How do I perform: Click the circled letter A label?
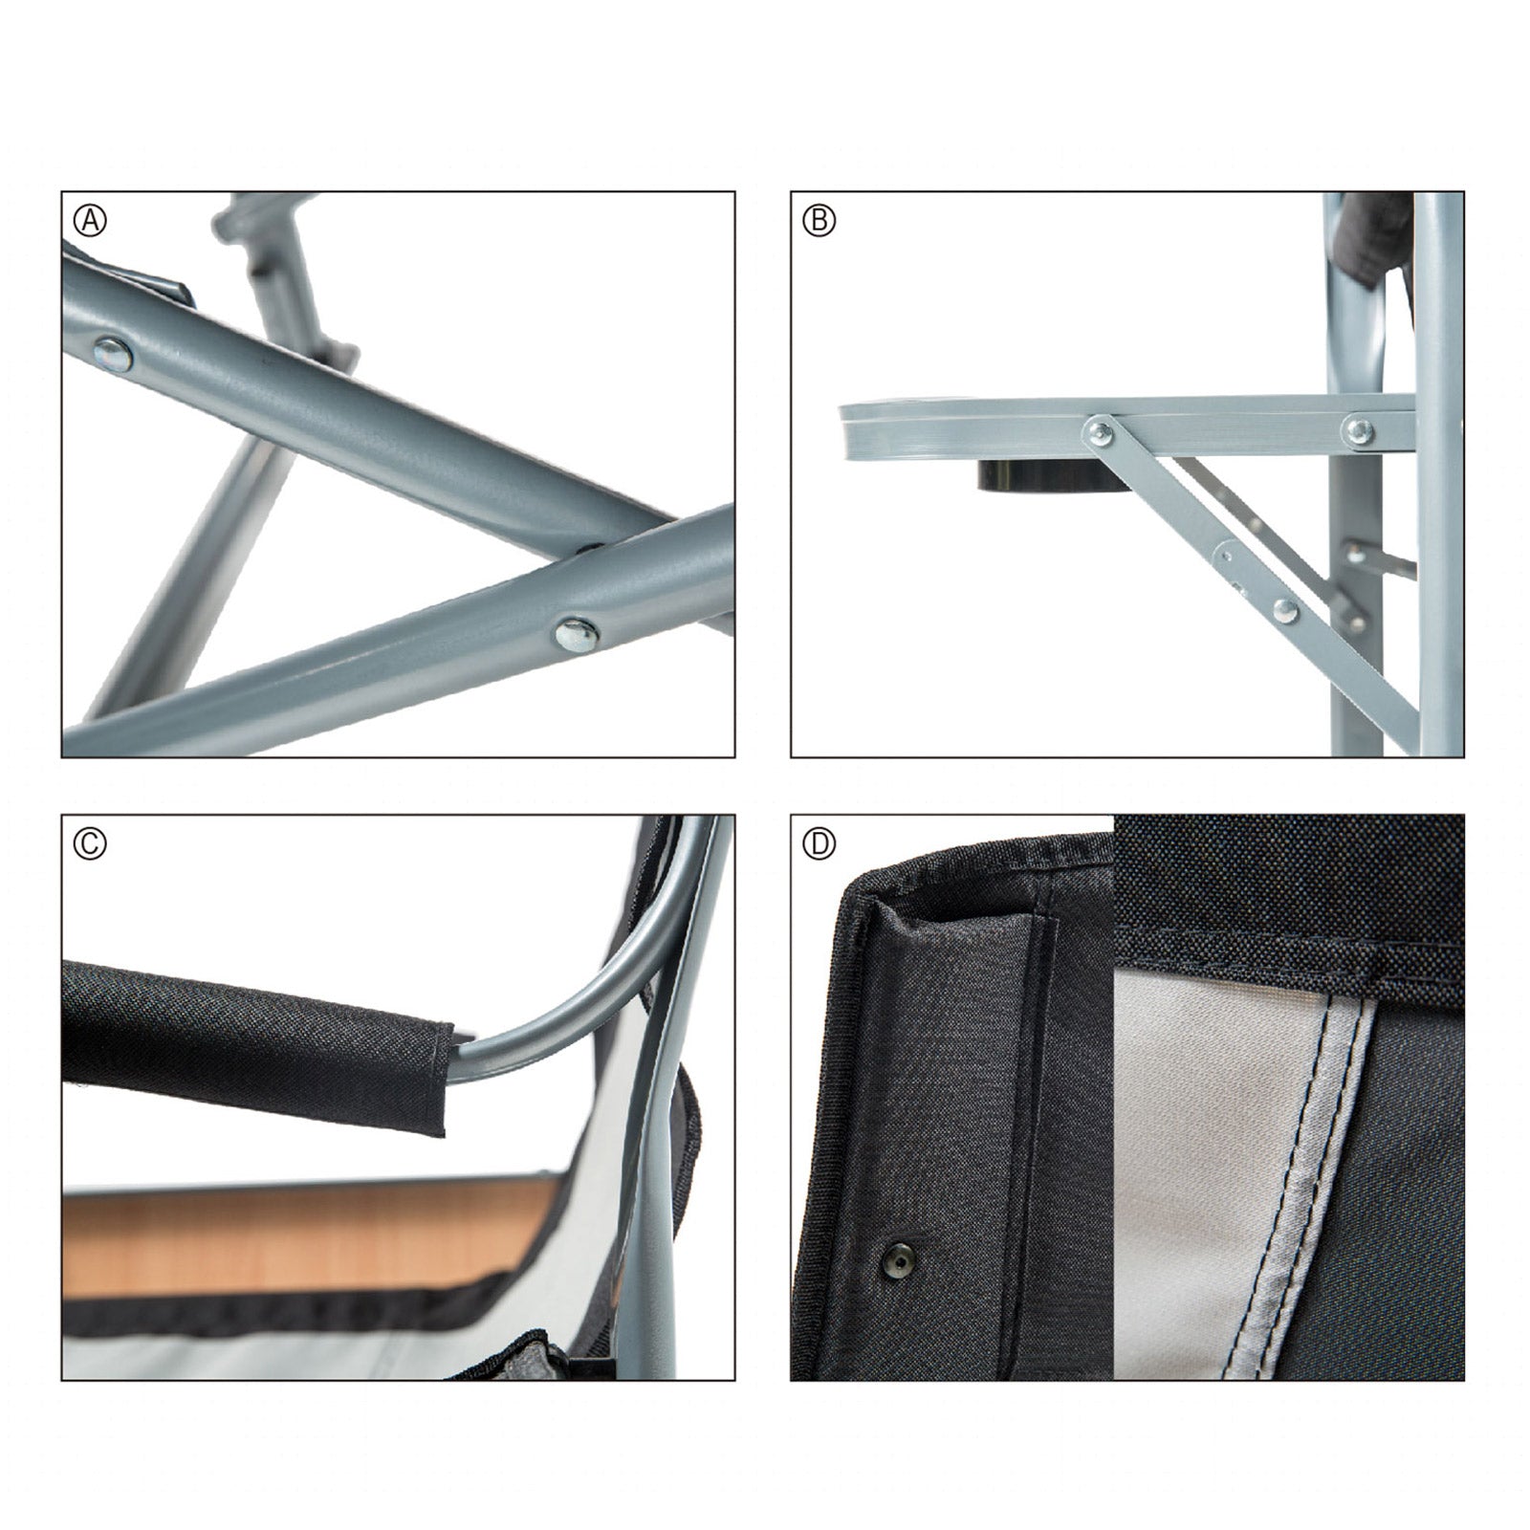click(90, 222)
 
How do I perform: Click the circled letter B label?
click(820, 222)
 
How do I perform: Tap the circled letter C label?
click(90, 843)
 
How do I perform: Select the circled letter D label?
click(820, 843)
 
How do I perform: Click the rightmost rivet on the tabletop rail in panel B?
click(1356, 429)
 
